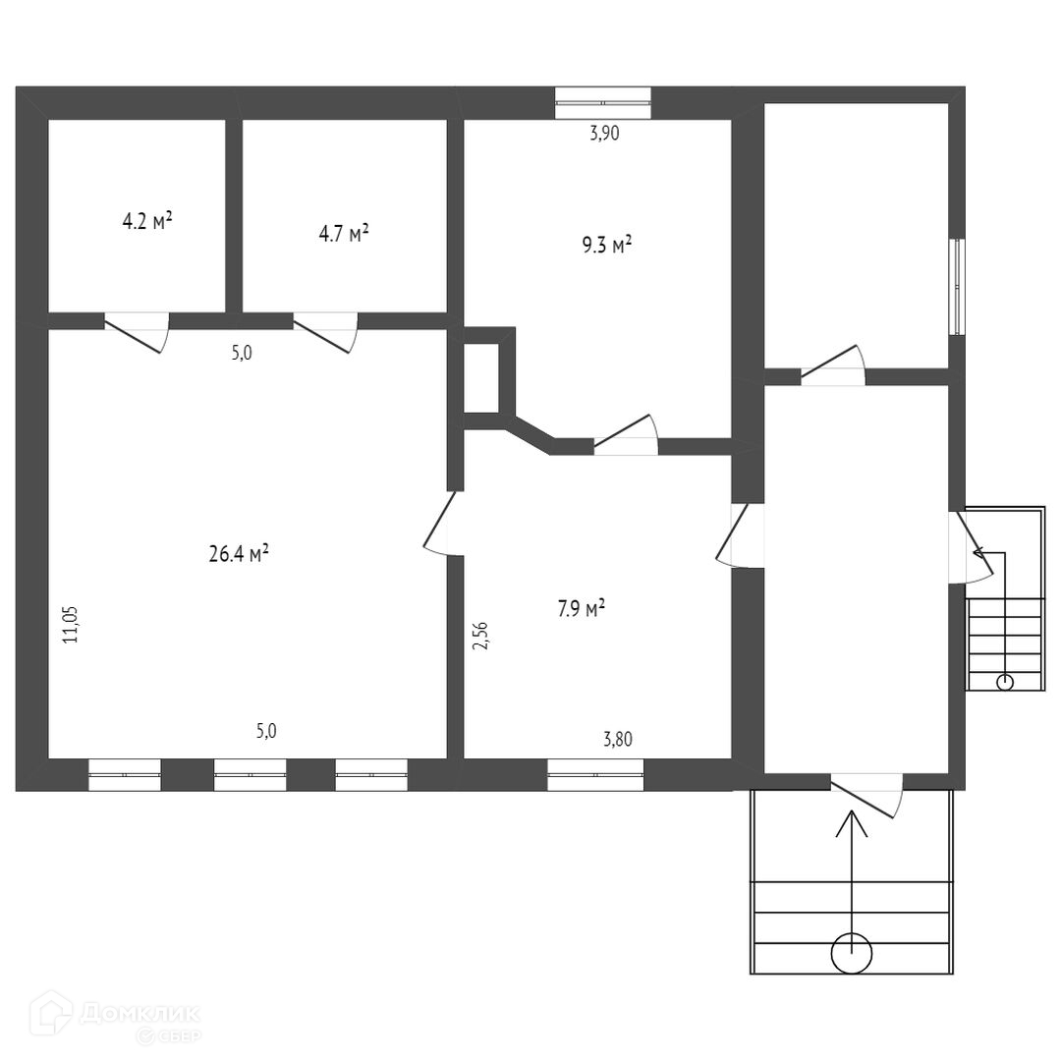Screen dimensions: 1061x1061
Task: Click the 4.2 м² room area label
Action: (147, 221)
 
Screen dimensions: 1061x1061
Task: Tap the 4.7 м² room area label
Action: (344, 234)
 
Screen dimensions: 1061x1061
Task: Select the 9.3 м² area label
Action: (606, 245)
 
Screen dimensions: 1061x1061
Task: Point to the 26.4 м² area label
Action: (239, 555)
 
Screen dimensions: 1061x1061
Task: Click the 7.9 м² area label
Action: (581, 609)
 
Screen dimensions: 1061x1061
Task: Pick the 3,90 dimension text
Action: (604, 135)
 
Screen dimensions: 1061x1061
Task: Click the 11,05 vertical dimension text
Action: (71, 624)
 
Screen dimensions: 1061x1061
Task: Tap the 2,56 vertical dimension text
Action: (480, 638)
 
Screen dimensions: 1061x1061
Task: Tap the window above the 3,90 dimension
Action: (603, 101)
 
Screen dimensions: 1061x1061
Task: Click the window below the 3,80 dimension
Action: (595, 774)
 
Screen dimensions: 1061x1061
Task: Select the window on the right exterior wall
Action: (957, 286)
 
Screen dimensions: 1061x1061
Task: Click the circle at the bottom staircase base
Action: (851, 952)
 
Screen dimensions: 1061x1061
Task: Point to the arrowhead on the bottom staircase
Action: (851, 820)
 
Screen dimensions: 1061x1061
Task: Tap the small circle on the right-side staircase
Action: (1004, 682)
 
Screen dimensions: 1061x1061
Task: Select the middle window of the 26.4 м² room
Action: (250, 774)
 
